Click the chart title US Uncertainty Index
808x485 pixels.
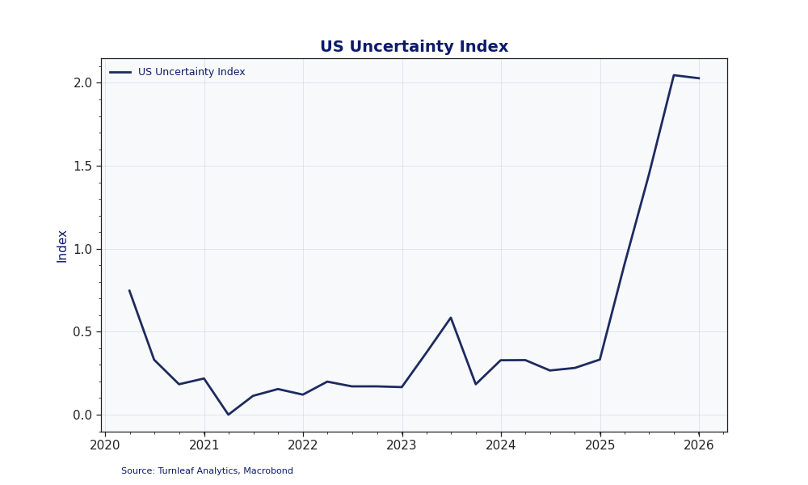(414, 47)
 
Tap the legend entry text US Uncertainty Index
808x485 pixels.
(191, 72)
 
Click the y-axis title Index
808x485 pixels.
(62, 246)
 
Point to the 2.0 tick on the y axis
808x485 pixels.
(83, 82)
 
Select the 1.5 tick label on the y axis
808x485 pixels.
(83, 166)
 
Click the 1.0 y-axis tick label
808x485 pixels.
(83, 249)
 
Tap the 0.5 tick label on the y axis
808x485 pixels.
(83, 332)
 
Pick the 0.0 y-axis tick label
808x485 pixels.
(83, 415)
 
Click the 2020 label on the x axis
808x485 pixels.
(105, 445)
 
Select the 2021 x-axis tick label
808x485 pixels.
(204, 445)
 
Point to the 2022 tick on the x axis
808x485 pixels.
(303, 445)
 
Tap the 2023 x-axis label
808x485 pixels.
(402, 445)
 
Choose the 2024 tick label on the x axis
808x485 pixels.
(501, 445)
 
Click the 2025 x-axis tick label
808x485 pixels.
(600, 445)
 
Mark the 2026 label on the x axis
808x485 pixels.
(699, 445)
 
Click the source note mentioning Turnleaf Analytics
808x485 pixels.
(207, 471)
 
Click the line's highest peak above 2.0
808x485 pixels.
(674, 75)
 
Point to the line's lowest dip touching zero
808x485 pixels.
(229, 415)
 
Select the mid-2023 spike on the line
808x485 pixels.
(451, 318)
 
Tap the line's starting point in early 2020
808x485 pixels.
(129, 291)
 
